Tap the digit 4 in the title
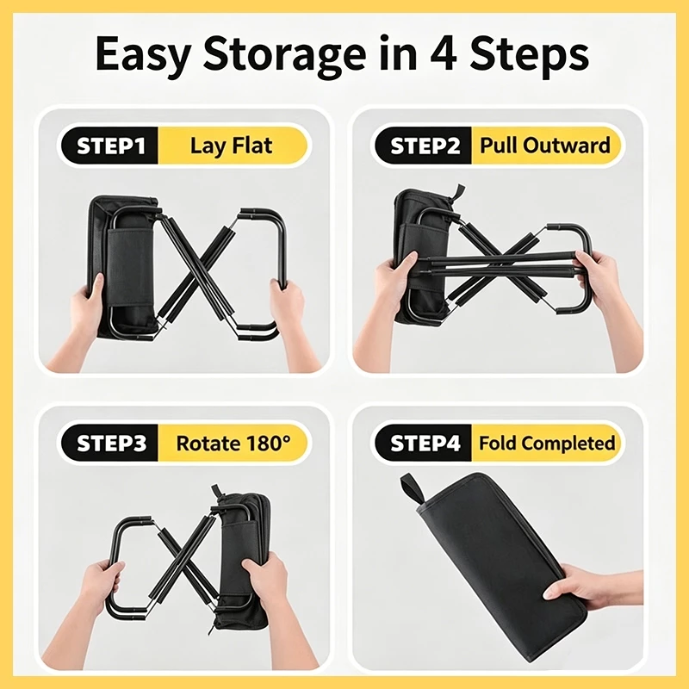click(444, 53)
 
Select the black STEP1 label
click(110, 146)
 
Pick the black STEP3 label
click(110, 443)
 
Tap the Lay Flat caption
click(231, 146)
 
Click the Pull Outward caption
click(545, 145)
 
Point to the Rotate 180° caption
click(233, 444)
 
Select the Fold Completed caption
click(547, 444)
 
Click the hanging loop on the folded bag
click(411, 489)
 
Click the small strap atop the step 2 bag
click(458, 193)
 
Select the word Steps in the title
click(530, 55)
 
